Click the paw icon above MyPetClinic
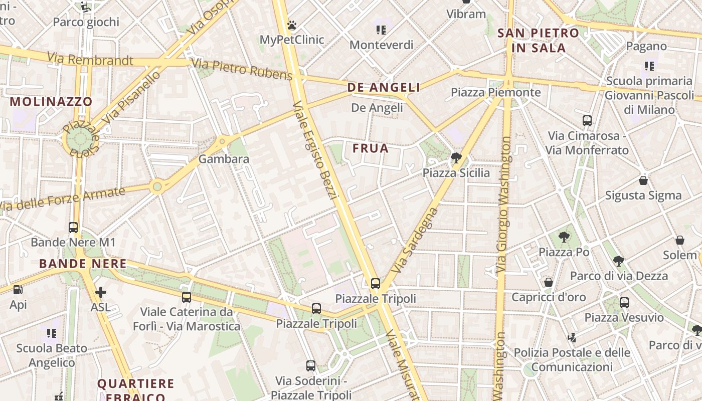292,25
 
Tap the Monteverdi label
381,45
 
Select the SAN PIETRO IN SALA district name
538,41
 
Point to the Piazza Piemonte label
495,92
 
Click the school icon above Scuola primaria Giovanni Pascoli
649,66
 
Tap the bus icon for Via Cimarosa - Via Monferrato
587,120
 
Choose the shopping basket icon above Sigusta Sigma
643,180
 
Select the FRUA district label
371,148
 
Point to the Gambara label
224,159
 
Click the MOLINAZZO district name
51,101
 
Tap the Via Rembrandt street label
90,59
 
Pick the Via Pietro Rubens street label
242,69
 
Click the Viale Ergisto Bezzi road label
313,150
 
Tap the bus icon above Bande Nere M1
73,227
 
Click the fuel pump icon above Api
18,289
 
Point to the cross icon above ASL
100,292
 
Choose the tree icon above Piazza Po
564,236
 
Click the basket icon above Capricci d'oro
549,282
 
